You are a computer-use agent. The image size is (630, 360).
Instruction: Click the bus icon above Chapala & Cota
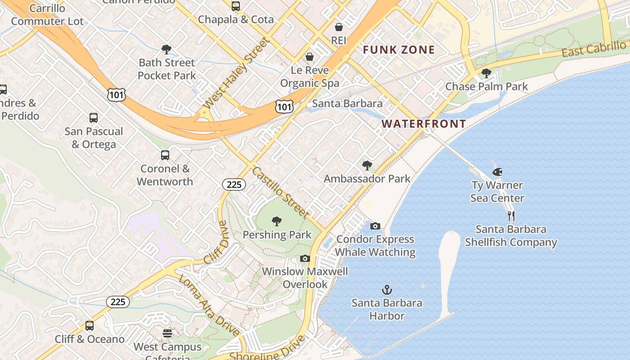236,6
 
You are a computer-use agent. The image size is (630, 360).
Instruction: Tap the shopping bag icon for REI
339,27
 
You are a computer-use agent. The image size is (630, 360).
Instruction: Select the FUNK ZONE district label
399,50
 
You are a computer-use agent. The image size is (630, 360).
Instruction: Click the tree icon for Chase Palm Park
486,73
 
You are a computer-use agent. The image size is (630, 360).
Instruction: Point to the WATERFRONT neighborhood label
423,124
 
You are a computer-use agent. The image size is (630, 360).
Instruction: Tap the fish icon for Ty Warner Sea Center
497,172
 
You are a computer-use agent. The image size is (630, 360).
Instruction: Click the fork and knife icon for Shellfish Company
511,216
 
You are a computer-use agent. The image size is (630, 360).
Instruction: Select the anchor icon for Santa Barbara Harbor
387,290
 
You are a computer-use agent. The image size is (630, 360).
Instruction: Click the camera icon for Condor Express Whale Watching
375,226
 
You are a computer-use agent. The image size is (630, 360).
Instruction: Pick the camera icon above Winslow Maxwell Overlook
305,258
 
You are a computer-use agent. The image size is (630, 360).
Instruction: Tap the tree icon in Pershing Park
277,221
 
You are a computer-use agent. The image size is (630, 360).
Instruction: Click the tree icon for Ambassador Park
367,166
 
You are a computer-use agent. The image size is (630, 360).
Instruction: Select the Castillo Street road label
280,193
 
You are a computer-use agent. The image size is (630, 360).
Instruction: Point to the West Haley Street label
235,73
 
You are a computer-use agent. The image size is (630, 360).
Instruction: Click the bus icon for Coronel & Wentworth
165,155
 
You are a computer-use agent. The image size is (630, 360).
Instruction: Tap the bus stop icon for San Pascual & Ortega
94,118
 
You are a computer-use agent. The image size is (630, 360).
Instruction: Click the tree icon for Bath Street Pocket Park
166,49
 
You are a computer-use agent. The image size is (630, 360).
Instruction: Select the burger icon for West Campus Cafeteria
167,333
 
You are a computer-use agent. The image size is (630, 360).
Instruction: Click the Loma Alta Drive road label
209,305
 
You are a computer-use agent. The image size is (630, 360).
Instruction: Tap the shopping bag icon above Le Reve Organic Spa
310,57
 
